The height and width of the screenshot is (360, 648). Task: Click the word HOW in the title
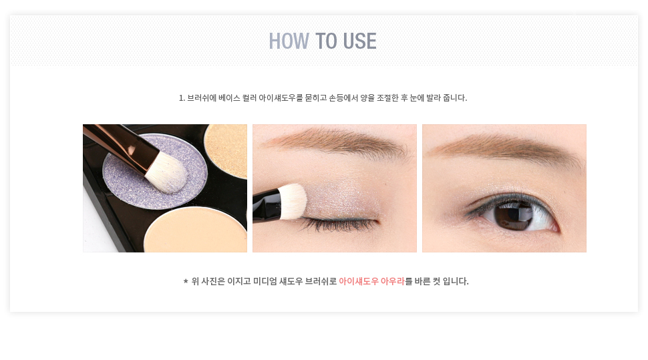tap(289, 41)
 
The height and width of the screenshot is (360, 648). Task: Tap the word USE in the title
tap(359, 41)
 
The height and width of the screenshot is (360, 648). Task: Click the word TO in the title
tap(326, 41)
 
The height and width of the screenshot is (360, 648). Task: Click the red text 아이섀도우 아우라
tap(371, 281)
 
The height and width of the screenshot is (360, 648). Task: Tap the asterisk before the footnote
tap(186, 281)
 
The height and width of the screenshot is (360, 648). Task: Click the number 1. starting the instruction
tap(182, 98)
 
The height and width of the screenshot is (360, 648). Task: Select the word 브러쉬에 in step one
tap(202, 98)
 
